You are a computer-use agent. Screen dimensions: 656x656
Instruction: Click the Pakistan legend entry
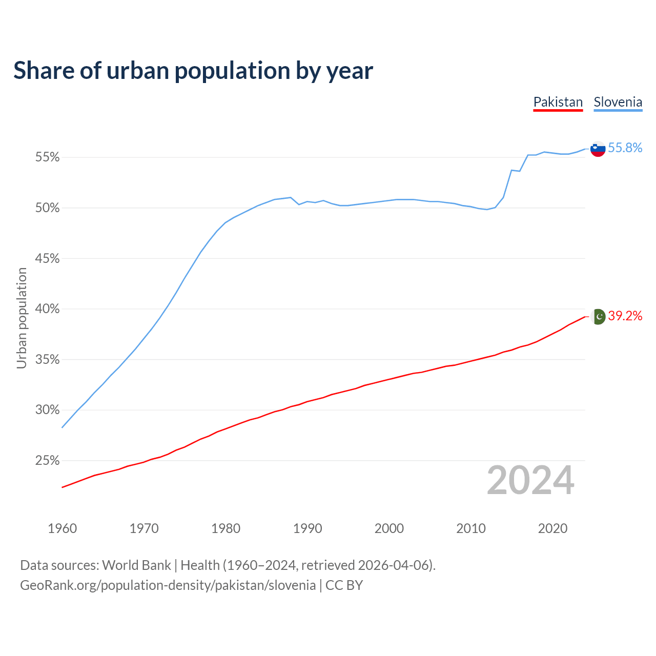pyautogui.click(x=558, y=102)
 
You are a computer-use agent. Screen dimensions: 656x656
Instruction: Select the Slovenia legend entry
pyautogui.click(x=618, y=102)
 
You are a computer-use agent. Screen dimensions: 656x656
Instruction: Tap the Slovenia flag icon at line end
pyautogui.click(x=598, y=149)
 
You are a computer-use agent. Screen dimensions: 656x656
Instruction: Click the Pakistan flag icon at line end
pyautogui.click(x=598, y=317)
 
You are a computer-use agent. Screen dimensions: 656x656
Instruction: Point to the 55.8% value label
pyautogui.click(x=625, y=148)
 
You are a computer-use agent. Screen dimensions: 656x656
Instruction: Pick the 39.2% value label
pyautogui.click(x=625, y=316)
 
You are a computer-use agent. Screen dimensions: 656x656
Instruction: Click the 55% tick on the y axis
pyautogui.click(x=47, y=157)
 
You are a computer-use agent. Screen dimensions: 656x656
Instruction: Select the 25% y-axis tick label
pyautogui.click(x=47, y=461)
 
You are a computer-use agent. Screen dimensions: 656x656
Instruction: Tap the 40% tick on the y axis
pyautogui.click(x=47, y=309)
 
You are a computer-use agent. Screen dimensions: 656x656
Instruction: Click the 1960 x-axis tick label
pyautogui.click(x=62, y=528)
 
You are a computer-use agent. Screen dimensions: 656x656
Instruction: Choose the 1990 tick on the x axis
pyautogui.click(x=307, y=528)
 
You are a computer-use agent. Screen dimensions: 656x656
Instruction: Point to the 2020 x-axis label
pyautogui.click(x=552, y=528)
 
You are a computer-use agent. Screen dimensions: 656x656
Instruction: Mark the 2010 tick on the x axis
pyautogui.click(x=471, y=528)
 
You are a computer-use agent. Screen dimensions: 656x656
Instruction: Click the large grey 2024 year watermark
pyautogui.click(x=530, y=480)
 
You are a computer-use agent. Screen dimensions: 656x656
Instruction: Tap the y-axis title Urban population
pyautogui.click(x=22, y=318)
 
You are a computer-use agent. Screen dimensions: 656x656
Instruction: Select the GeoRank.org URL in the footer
pyautogui.click(x=168, y=585)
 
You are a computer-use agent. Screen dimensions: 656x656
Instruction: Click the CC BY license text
pyautogui.click(x=344, y=585)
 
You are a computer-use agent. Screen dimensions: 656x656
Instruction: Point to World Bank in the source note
pyautogui.click(x=136, y=565)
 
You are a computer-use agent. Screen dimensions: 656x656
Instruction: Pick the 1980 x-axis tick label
pyautogui.click(x=225, y=528)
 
